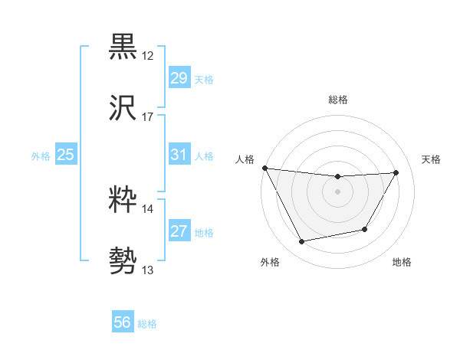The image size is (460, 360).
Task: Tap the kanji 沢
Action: (123, 108)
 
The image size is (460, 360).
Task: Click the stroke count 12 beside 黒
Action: (148, 56)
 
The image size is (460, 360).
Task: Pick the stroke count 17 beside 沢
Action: (148, 117)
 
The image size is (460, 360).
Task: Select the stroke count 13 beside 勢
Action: (148, 270)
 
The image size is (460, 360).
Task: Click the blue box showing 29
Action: (179, 78)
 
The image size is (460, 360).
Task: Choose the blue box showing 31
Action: (179, 155)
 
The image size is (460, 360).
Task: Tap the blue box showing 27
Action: (179, 231)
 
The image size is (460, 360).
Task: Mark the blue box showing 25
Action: (66, 155)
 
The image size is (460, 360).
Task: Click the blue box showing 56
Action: (123, 322)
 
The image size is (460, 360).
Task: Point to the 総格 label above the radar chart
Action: (338, 100)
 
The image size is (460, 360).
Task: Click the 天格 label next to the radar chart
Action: (432, 159)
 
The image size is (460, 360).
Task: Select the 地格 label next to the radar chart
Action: (402, 263)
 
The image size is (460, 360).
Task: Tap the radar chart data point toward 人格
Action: (264, 167)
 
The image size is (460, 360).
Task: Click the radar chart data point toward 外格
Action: (302, 242)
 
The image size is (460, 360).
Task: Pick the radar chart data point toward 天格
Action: (396, 172)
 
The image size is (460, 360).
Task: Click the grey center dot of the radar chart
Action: (338, 191)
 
